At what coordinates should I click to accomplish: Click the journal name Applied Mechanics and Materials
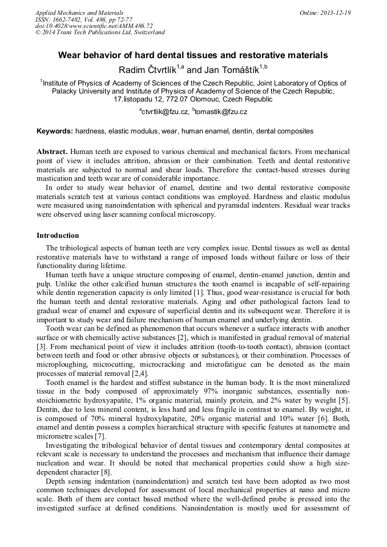point(79,12)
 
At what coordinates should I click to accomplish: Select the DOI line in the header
point(94,26)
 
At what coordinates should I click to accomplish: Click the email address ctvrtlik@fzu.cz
point(165,112)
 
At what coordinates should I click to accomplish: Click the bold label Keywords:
point(54,131)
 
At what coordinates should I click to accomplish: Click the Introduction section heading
point(58,236)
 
